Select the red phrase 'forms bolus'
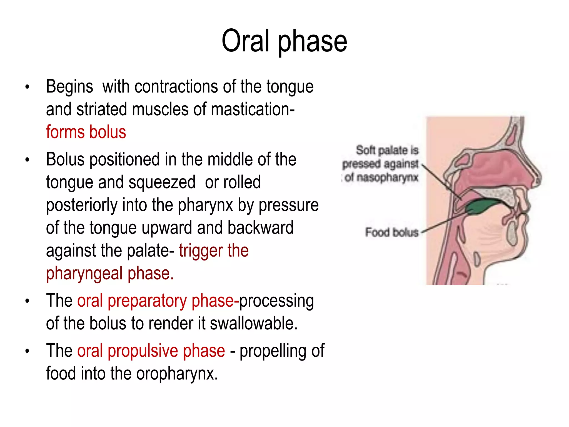(x=86, y=132)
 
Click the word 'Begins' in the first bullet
(x=69, y=87)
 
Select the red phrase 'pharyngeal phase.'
(x=110, y=274)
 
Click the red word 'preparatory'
(x=147, y=301)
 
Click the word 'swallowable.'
(x=254, y=324)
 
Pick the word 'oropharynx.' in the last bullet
(x=177, y=374)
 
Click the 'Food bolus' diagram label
(x=391, y=232)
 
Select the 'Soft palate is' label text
(x=387, y=150)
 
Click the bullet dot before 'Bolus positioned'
(x=27, y=160)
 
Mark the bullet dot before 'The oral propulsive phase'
(x=27, y=351)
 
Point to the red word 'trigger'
(x=201, y=251)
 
